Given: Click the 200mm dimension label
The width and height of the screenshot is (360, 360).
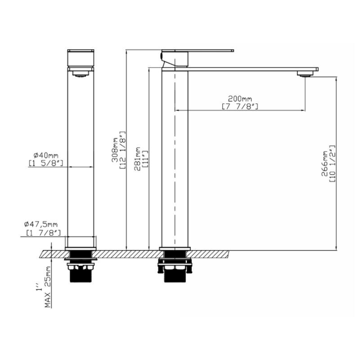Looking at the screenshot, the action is click(x=240, y=99).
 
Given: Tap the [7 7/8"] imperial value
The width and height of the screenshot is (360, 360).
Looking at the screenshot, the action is click(x=240, y=107).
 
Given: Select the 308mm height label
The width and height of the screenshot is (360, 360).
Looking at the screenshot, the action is click(x=115, y=150).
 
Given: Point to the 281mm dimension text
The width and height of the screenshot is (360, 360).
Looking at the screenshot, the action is click(x=137, y=159).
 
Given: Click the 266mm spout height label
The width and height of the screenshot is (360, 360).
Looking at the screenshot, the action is click(x=324, y=163).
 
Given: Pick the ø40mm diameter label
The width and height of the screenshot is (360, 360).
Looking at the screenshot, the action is click(x=46, y=155).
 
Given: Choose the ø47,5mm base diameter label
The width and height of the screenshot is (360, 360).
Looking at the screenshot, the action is click(x=41, y=224).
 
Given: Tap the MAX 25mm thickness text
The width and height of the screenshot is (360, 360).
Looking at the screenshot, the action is click(x=48, y=287).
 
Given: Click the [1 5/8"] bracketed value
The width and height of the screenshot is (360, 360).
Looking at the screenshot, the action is click(x=46, y=163).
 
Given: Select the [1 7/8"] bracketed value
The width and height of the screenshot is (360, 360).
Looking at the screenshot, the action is click(x=43, y=233).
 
